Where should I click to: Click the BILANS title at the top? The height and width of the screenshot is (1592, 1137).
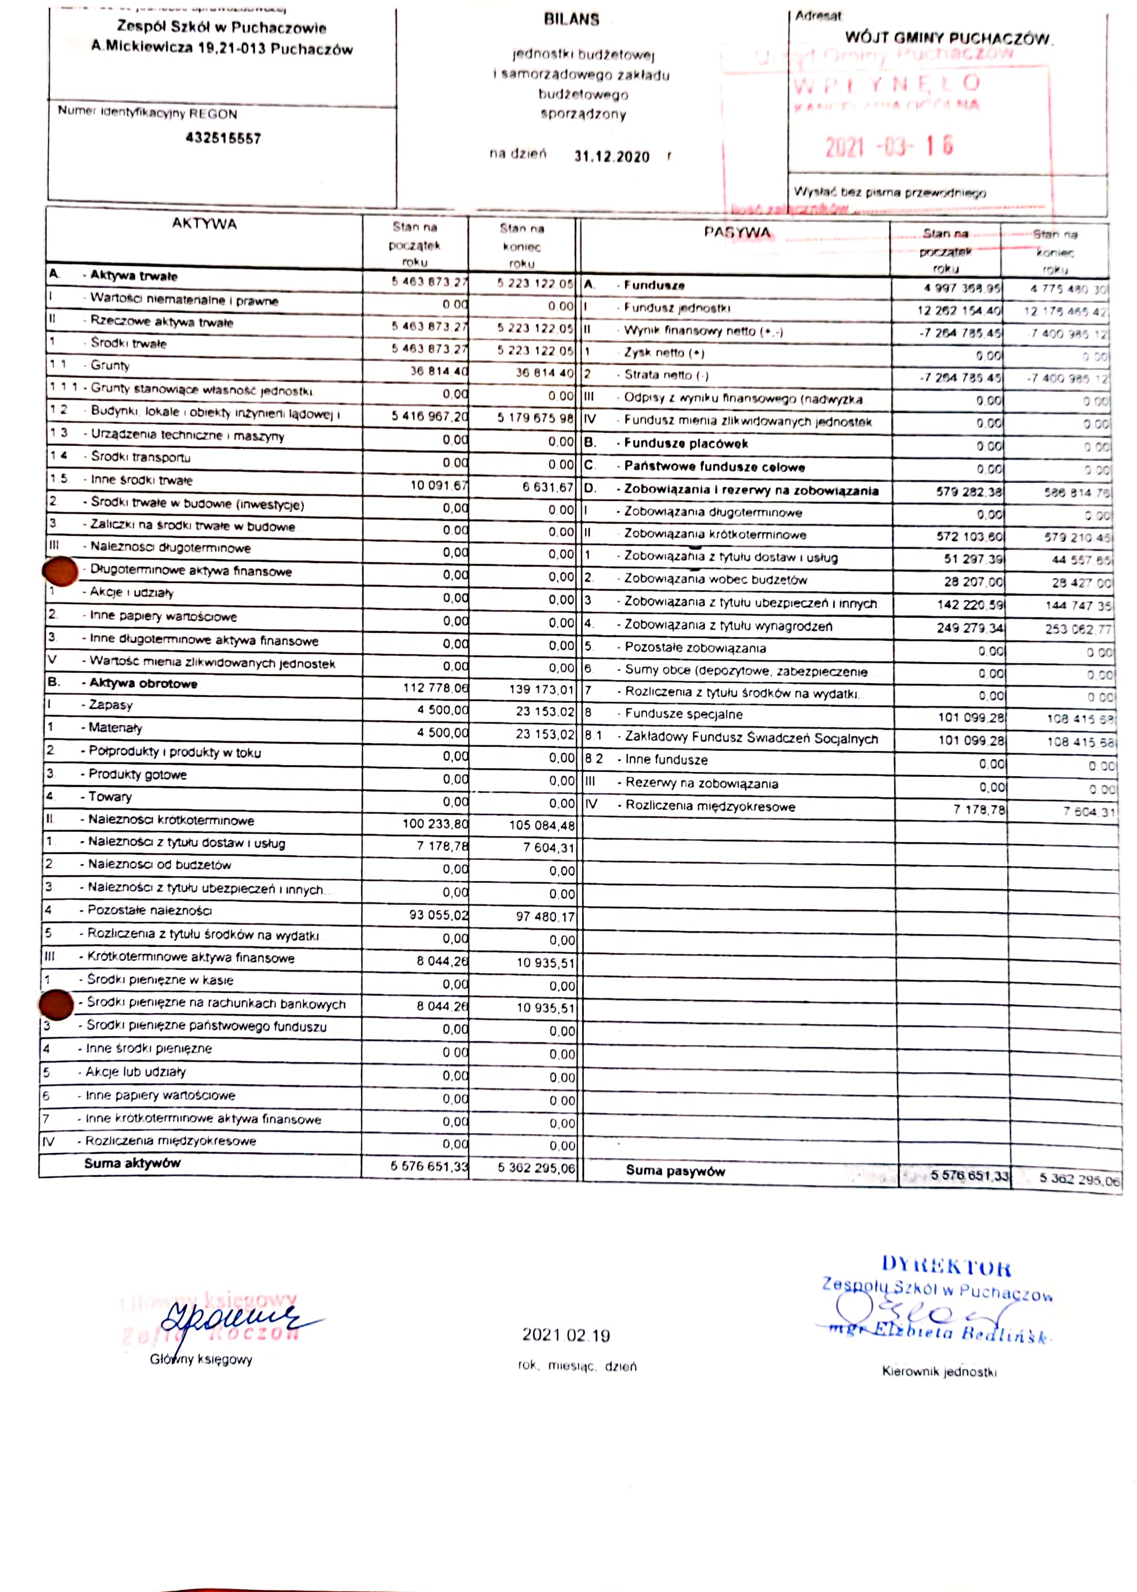tap(571, 19)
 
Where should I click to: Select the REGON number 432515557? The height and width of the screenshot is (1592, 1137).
tap(223, 138)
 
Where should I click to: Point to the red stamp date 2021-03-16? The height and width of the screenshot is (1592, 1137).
tap(888, 146)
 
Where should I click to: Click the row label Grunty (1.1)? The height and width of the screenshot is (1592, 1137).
tap(110, 365)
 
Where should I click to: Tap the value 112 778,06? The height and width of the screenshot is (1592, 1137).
tap(435, 687)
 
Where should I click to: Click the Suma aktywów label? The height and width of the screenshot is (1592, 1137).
tap(132, 1163)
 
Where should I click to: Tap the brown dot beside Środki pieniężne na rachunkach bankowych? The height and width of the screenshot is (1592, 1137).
tap(57, 1005)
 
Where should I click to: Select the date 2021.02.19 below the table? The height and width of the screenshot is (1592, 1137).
tap(566, 1335)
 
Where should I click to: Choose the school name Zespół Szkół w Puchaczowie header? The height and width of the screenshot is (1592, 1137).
tap(221, 28)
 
